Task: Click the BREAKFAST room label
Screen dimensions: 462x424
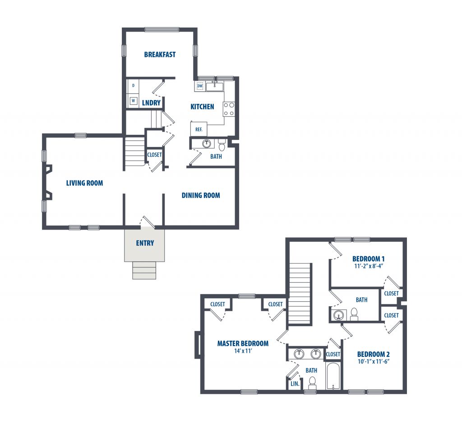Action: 160,55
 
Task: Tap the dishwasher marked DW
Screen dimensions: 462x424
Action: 200,86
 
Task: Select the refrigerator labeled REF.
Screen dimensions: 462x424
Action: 199,129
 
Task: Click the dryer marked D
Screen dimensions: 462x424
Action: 133,86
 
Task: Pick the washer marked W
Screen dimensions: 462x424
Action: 133,101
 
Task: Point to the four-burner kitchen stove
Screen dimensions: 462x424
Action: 229,109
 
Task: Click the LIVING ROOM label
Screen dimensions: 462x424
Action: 84,183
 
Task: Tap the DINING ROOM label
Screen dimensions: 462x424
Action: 201,195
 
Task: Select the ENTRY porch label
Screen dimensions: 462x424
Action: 145,243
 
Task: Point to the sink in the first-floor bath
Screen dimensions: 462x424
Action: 206,144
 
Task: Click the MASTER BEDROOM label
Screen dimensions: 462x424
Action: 243,343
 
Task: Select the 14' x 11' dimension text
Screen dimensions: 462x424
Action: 243,351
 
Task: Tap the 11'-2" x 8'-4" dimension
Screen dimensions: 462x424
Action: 368,266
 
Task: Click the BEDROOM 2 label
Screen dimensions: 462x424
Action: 373,354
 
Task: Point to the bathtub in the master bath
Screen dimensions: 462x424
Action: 333,376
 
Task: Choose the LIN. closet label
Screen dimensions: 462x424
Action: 295,384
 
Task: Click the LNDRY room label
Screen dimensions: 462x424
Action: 151,102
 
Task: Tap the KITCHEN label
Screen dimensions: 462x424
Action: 202,106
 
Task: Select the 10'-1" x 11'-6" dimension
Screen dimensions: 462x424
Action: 374,362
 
